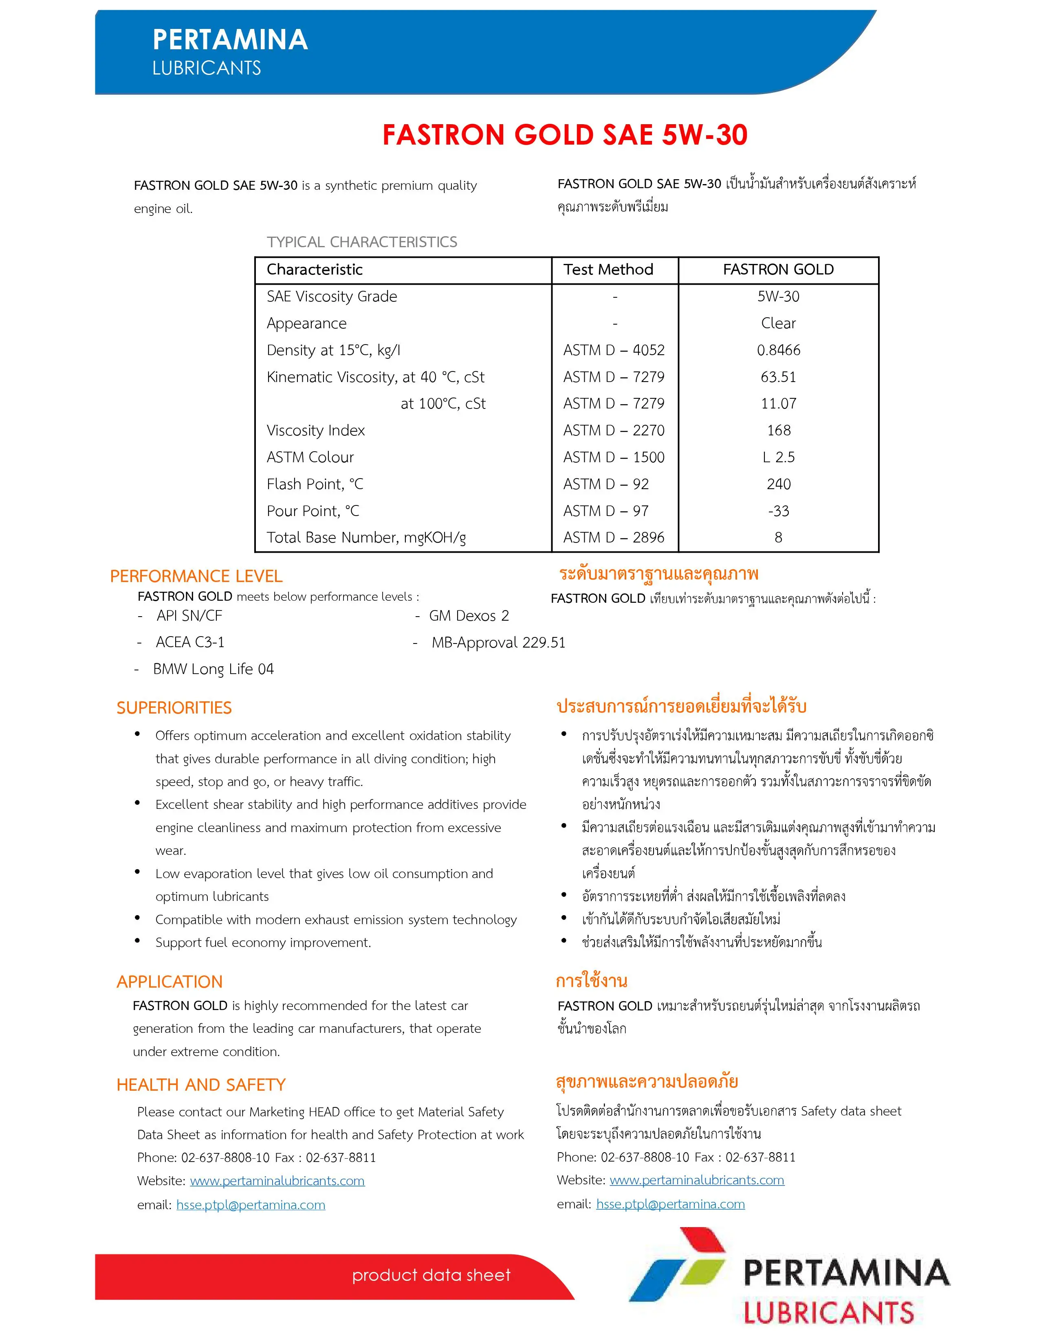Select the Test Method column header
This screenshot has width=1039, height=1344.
(608, 270)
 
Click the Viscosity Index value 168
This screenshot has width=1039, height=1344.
(779, 430)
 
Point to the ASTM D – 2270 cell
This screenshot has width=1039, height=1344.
(614, 430)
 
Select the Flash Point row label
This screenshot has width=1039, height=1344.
(315, 484)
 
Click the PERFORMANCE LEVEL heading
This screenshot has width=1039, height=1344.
(196, 576)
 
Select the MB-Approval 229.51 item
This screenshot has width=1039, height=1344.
(498, 642)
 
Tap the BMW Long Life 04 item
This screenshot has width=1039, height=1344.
(213, 669)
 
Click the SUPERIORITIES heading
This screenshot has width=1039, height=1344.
(174, 708)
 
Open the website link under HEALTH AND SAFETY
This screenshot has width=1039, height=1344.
(277, 1181)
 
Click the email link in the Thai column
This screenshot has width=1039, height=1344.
(670, 1204)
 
